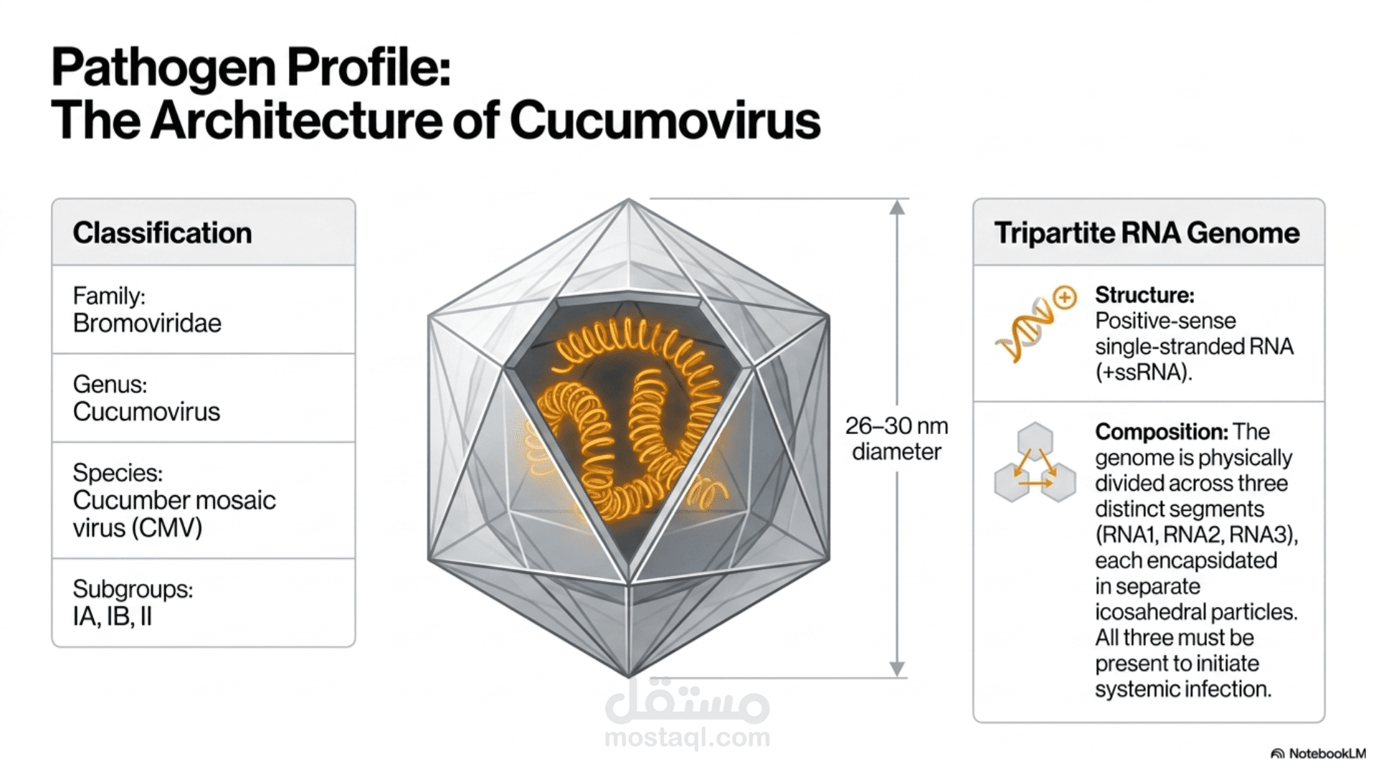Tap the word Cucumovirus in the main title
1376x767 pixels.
click(665, 120)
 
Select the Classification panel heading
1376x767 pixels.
click(162, 232)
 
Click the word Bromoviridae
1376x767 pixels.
click(147, 323)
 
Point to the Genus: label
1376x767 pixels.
click(110, 385)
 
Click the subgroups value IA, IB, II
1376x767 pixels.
click(113, 616)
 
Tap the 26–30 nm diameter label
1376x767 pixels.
click(896, 438)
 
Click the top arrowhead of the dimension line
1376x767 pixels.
click(897, 207)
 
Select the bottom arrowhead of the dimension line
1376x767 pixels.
click(897, 669)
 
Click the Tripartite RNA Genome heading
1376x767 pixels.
click(1147, 232)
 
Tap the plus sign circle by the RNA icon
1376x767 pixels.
click(1066, 297)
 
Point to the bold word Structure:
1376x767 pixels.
click(1144, 295)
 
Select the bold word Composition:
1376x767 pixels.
click(1162, 432)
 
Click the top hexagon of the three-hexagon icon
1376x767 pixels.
click(1035, 439)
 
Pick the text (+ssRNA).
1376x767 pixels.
click(1144, 372)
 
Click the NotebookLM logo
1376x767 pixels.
click(1318, 753)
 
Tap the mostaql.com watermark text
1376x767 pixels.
click(687, 737)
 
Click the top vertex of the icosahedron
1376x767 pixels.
click(629, 199)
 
